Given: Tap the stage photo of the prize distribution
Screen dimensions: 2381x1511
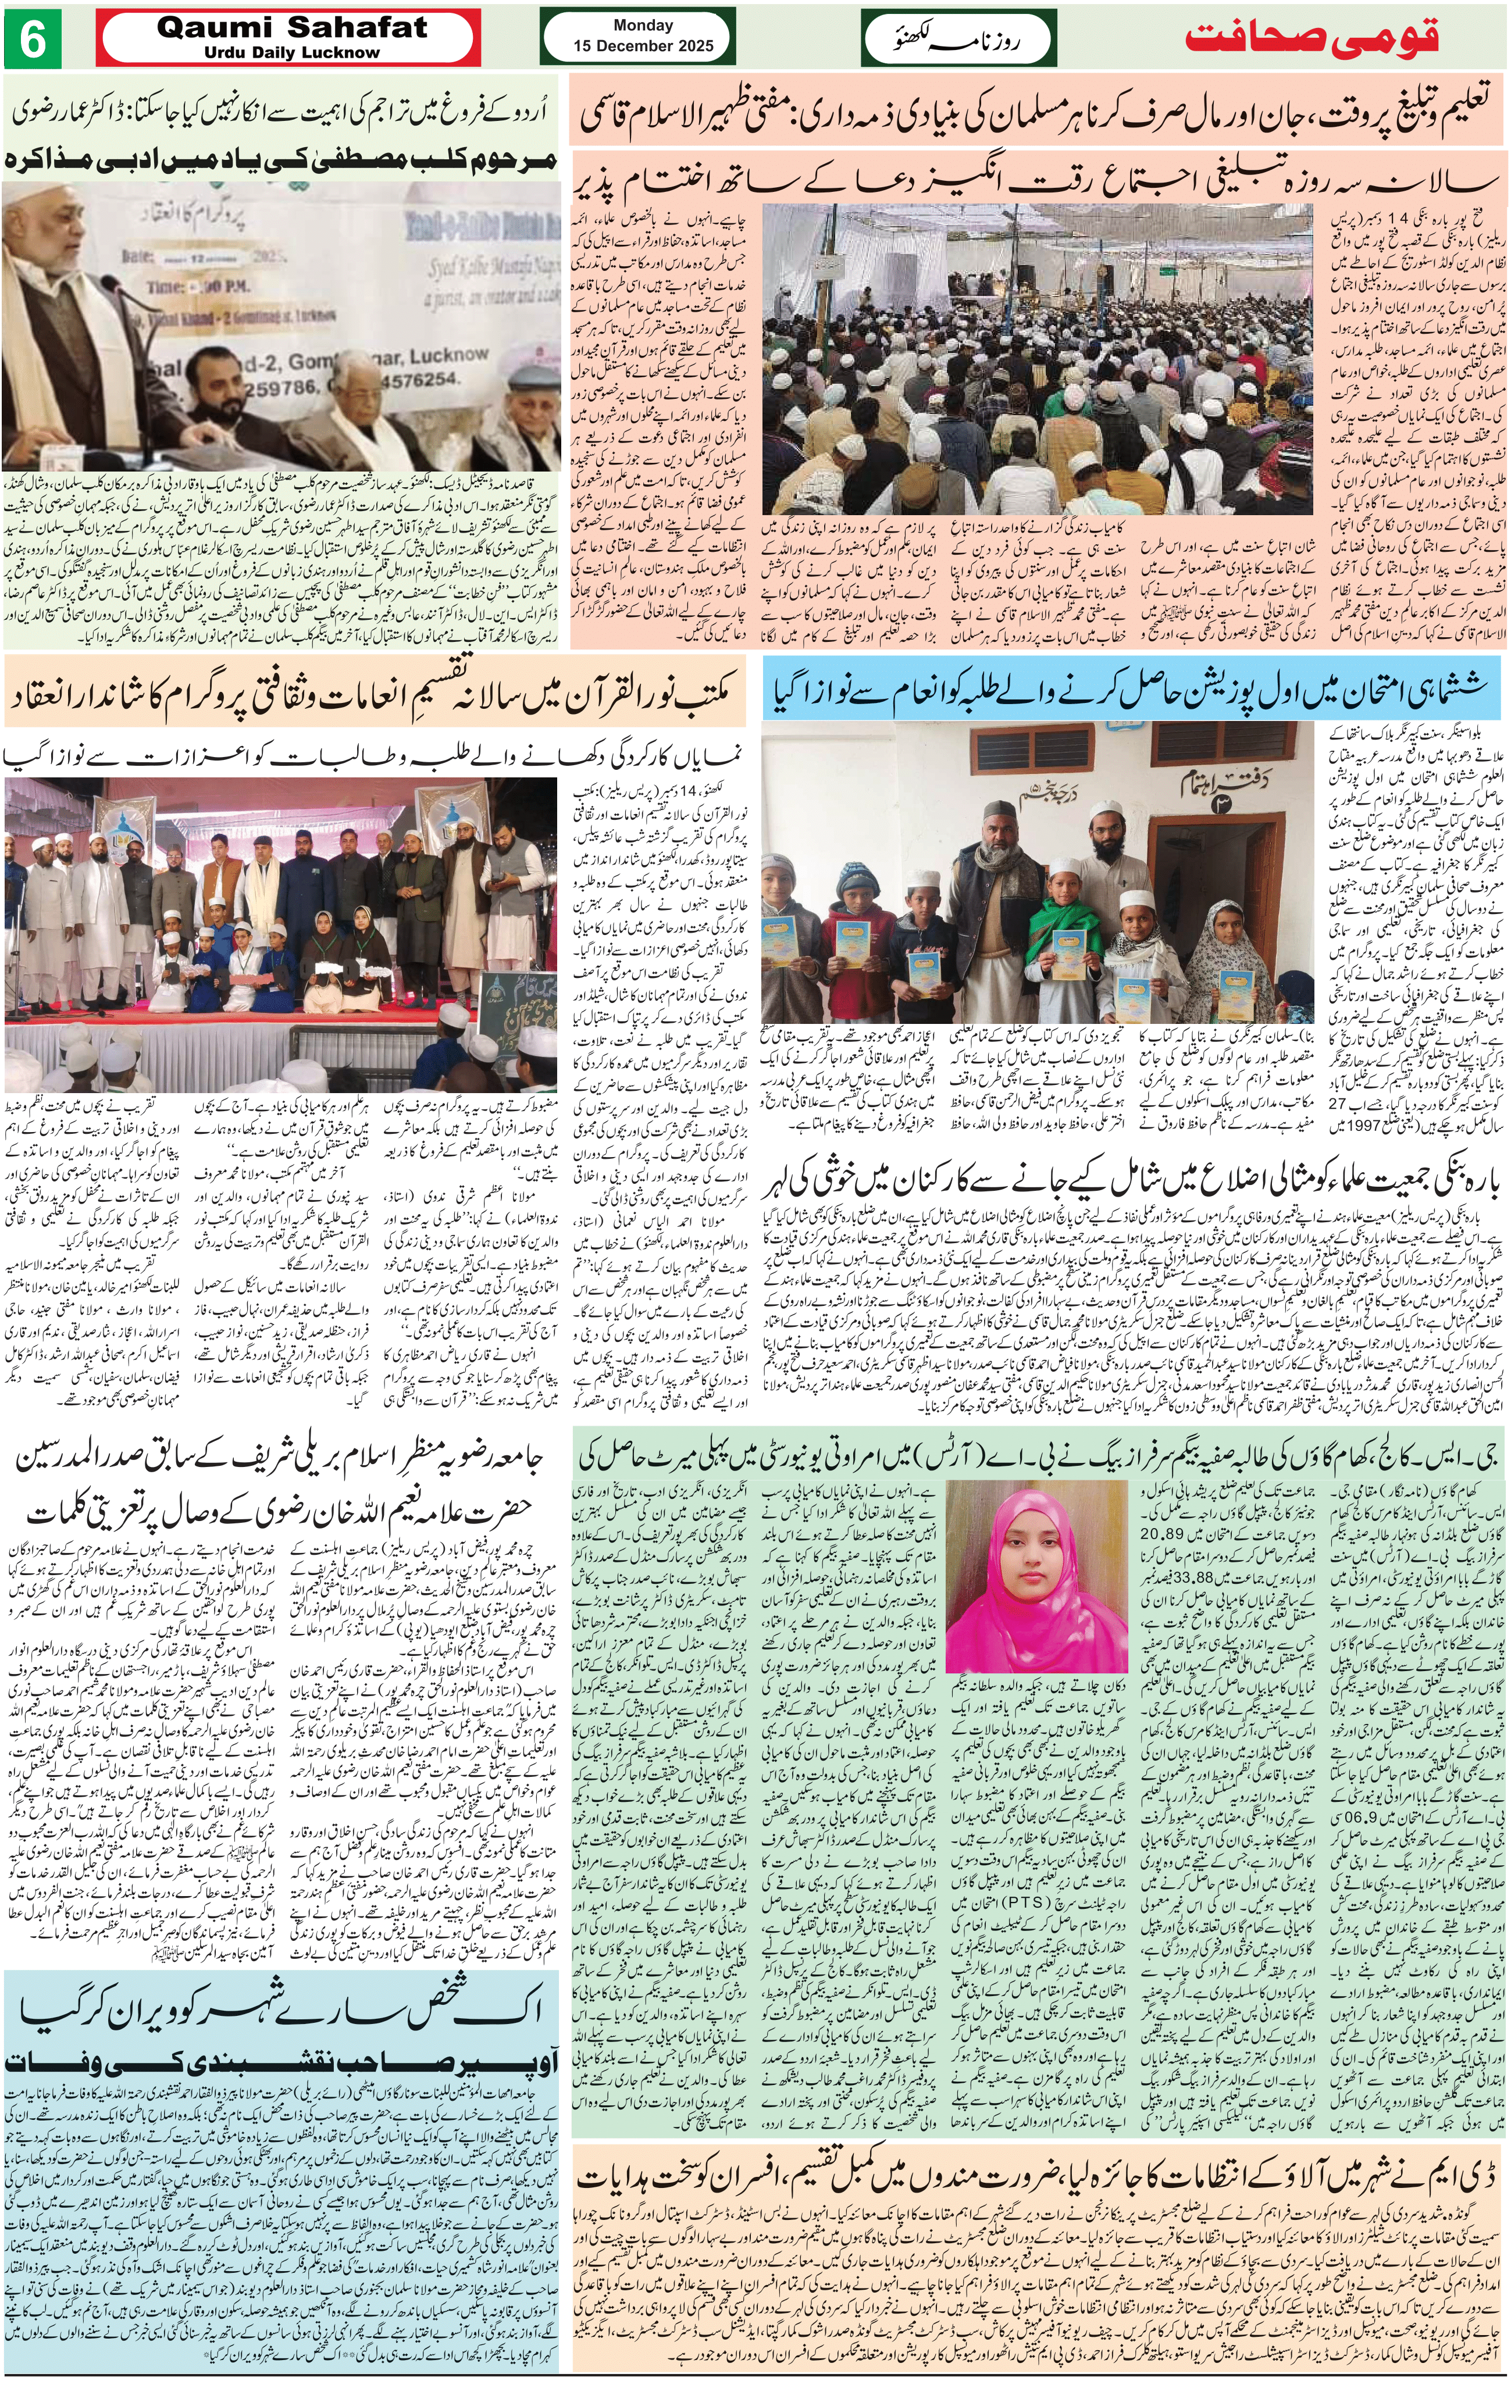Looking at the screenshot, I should [282, 911].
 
